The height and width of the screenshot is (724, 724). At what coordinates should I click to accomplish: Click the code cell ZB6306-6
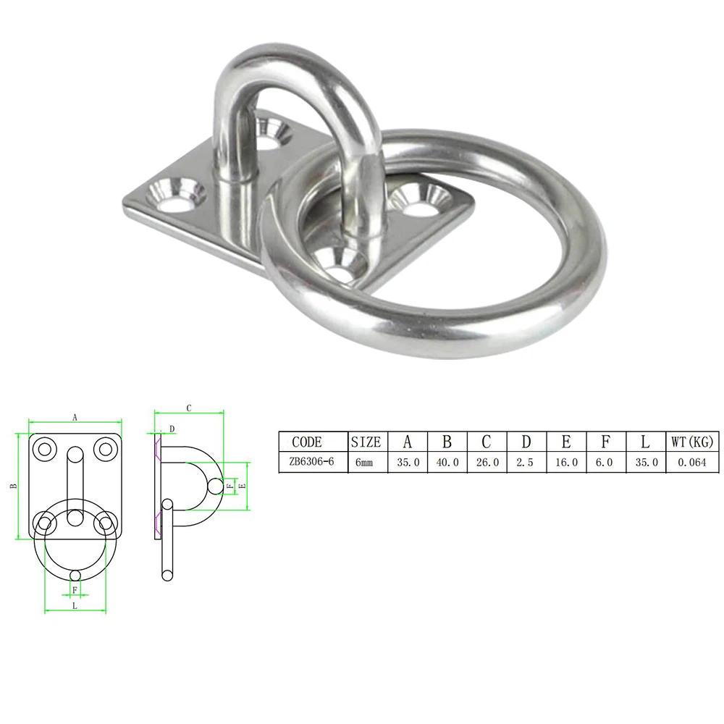pyautogui.click(x=306, y=462)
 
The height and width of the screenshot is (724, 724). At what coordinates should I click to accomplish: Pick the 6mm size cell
pyautogui.click(x=365, y=462)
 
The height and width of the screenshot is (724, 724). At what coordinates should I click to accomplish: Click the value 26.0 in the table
pyautogui.click(x=487, y=462)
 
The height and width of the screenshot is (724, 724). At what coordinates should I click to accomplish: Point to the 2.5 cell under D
pyautogui.click(x=526, y=462)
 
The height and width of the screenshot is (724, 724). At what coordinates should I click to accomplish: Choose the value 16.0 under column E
pyautogui.click(x=565, y=462)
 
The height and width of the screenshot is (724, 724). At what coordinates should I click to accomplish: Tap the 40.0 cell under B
pyautogui.click(x=447, y=462)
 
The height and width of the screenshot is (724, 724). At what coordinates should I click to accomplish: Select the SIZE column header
pyautogui.click(x=365, y=442)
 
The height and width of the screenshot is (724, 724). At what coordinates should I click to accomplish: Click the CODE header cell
pyautogui.click(x=306, y=442)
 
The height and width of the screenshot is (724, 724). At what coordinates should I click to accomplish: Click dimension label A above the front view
pyautogui.click(x=75, y=417)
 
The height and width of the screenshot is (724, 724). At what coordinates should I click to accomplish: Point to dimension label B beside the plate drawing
pyautogui.click(x=13, y=487)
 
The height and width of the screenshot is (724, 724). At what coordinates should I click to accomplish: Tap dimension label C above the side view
pyautogui.click(x=188, y=408)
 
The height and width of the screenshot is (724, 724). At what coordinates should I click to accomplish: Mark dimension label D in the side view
pyautogui.click(x=172, y=429)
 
